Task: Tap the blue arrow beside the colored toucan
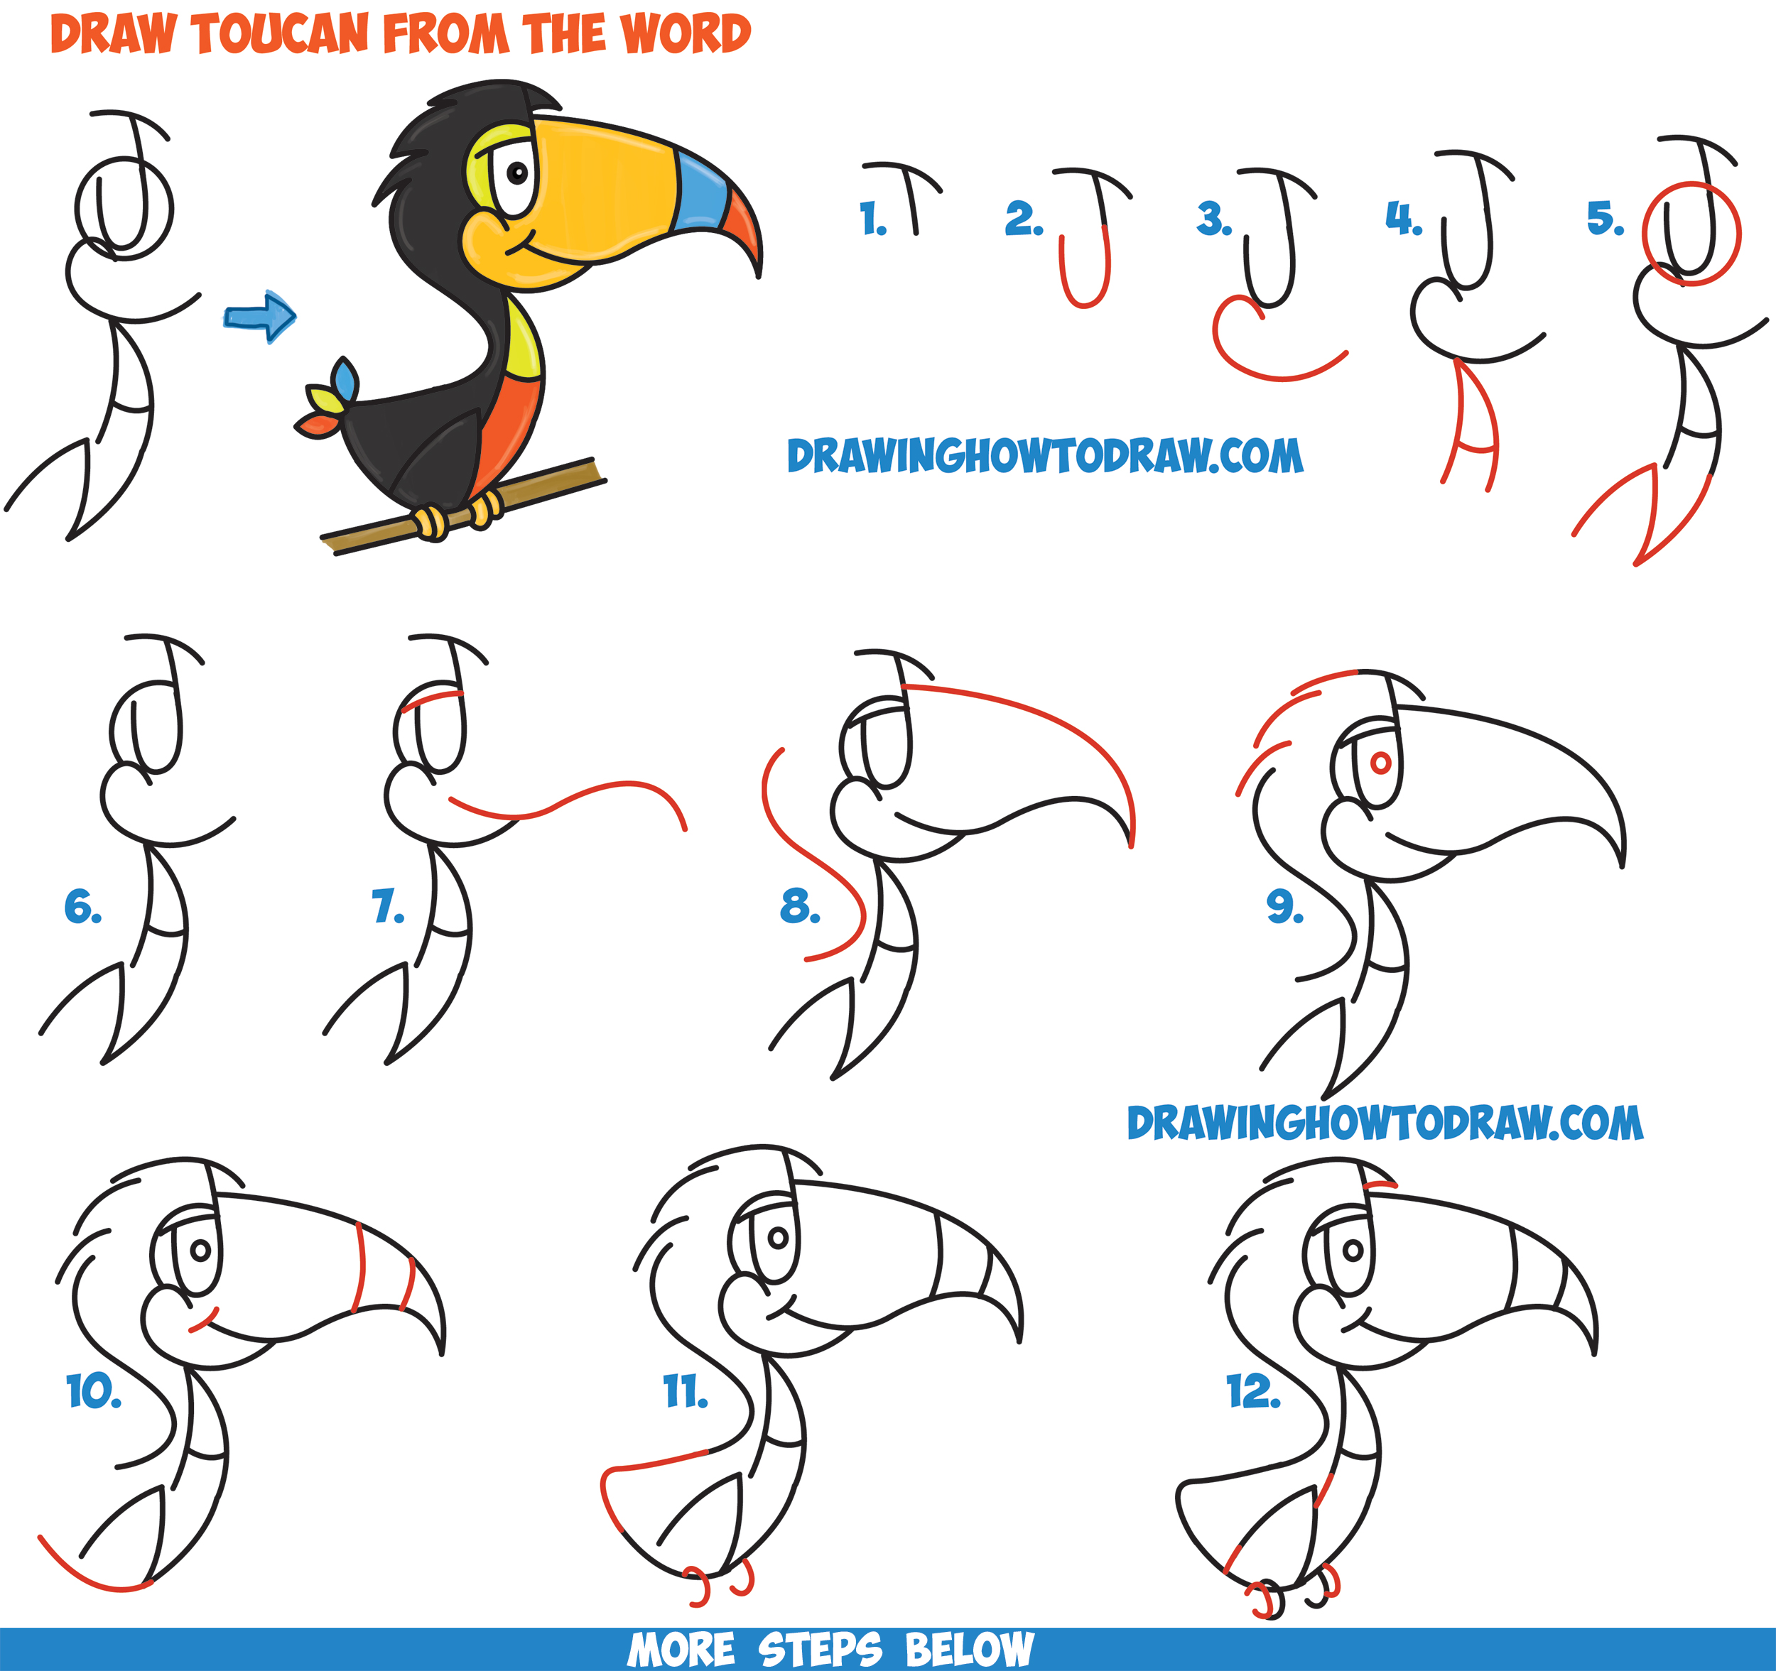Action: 261,315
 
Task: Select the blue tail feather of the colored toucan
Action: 345,379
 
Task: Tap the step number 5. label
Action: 1605,219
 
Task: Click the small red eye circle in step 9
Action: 1380,763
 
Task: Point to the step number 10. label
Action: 92,1391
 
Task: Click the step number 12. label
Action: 1252,1391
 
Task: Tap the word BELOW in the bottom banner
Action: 969,1649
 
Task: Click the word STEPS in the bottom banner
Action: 819,1649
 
